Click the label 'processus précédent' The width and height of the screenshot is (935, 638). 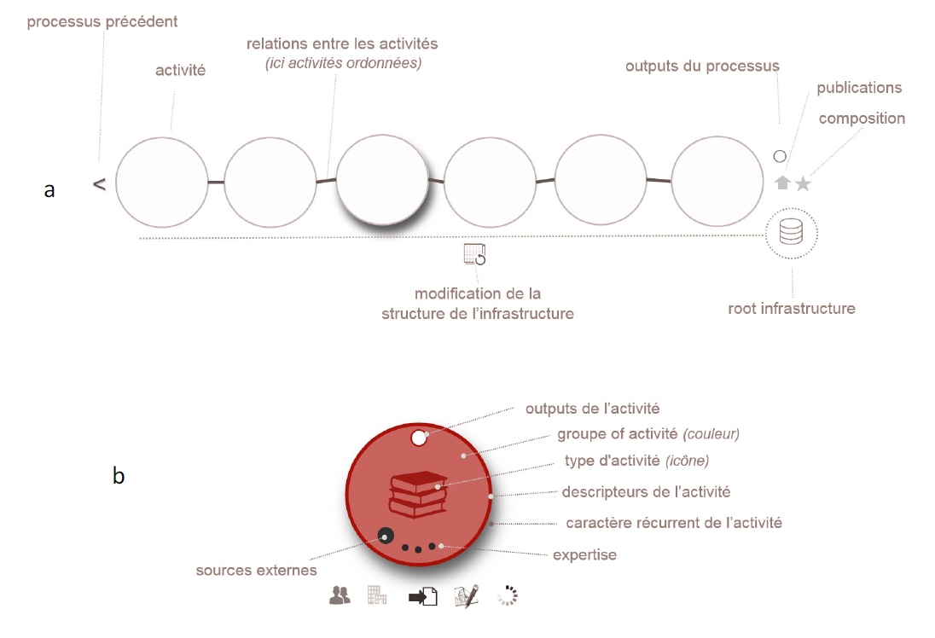point(102,22)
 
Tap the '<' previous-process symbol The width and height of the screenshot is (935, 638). point(100,184)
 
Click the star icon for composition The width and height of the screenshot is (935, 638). point(804,183)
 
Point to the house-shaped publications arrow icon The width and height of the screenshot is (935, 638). point(782,183)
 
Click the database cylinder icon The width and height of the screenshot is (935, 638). point(792,232)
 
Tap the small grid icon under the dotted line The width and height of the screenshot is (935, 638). point(474,254)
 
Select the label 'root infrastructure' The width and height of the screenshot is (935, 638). point(792,308)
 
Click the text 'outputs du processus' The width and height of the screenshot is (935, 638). point(702,67)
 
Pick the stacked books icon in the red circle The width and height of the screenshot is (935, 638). point(418,495)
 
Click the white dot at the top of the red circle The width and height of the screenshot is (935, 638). point(419,438)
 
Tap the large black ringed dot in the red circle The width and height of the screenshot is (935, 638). point(386,536)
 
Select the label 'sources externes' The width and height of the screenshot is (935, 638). point(257,570)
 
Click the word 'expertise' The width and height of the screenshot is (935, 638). point(585,555)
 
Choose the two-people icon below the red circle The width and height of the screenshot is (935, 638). point(340,595)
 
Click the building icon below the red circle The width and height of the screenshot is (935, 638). point(377,594)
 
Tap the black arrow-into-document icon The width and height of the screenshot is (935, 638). point(423,596)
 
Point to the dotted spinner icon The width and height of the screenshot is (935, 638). point(508,595)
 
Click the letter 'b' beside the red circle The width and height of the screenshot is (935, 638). point(119,475)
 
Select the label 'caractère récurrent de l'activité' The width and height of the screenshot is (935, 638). point(674,523)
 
